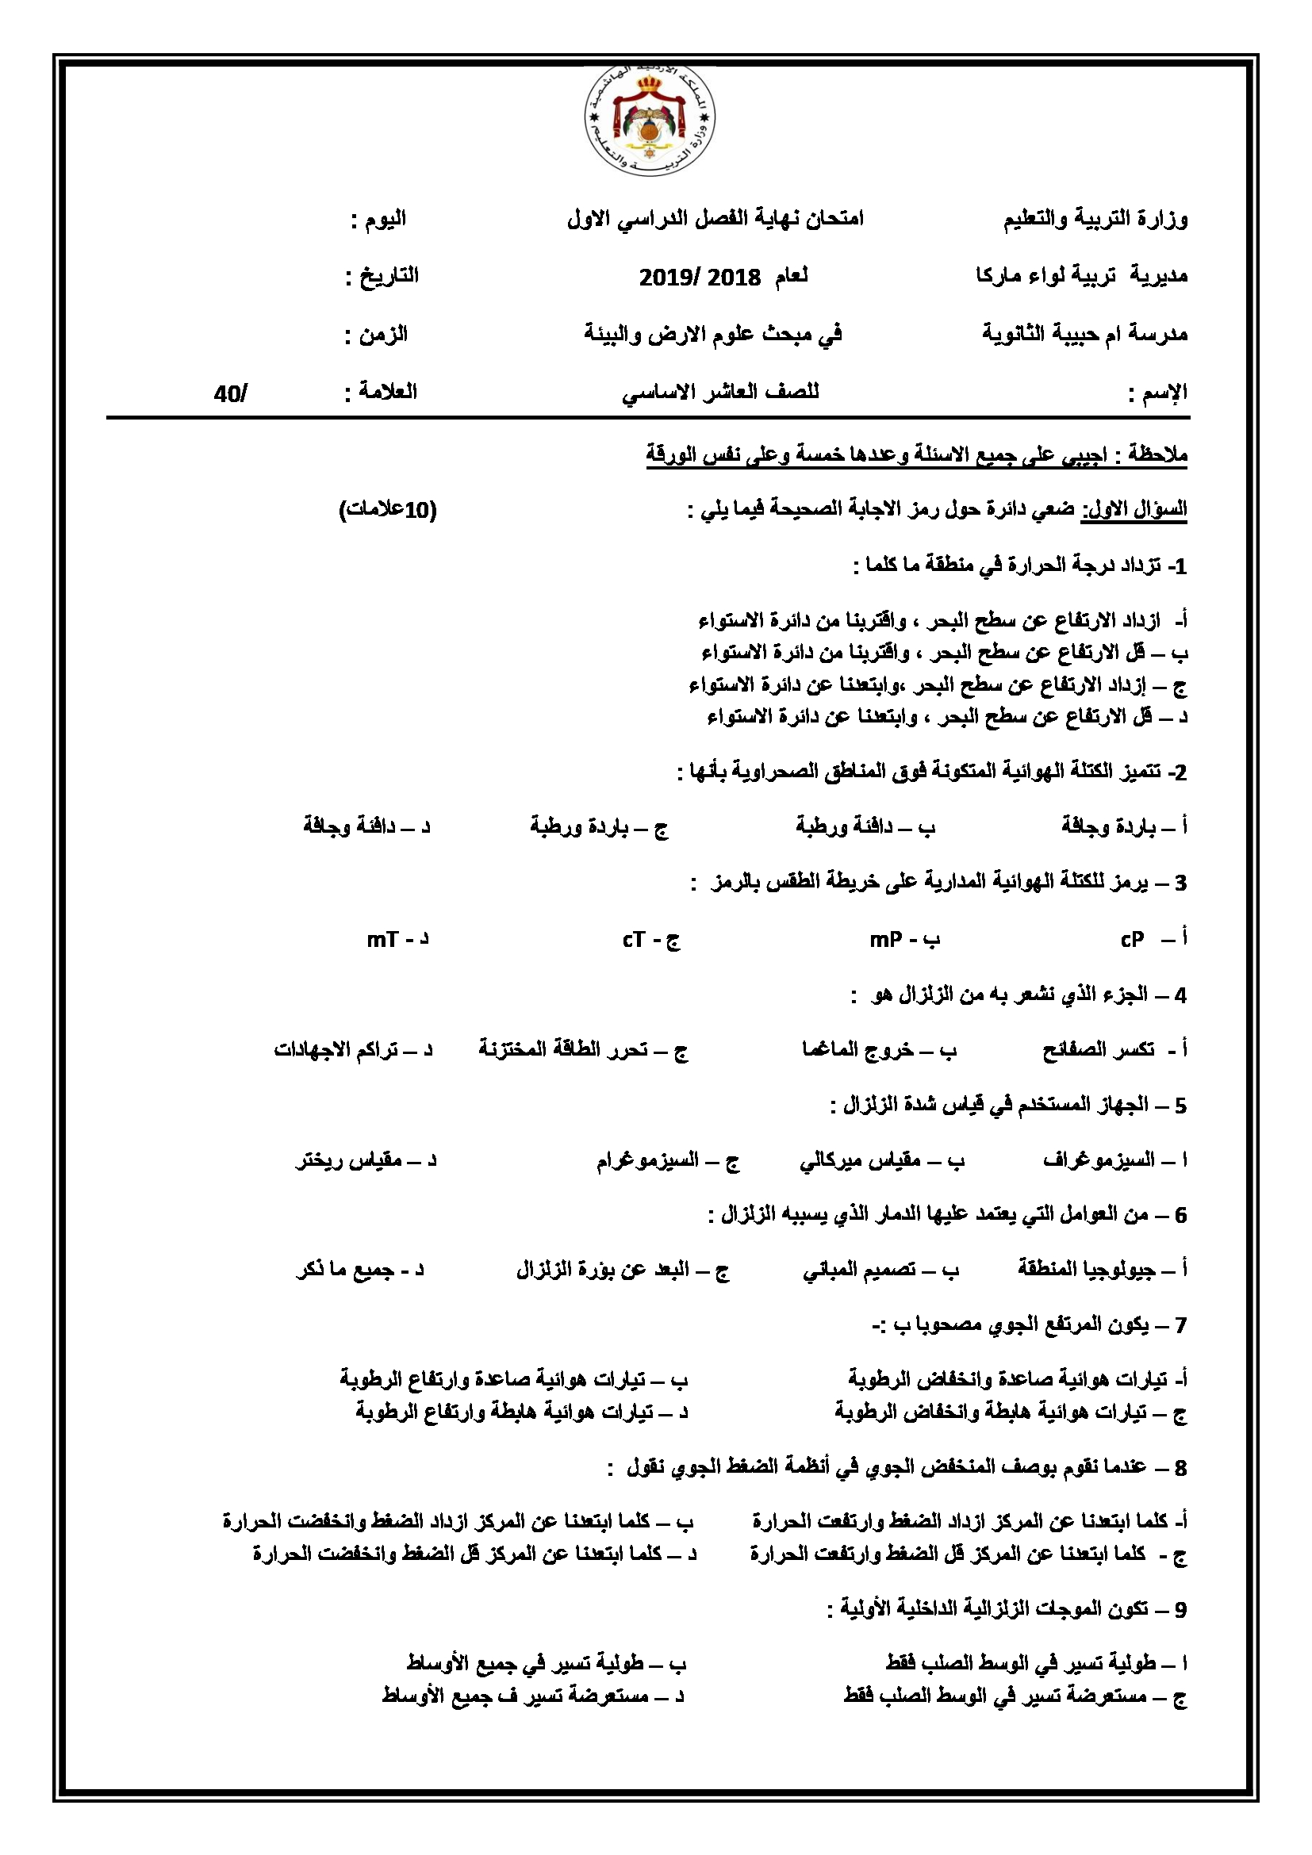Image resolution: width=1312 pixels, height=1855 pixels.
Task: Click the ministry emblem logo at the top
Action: pyautogui.click(x=650, y=121)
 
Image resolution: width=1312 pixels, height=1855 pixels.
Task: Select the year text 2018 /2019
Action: pyautogui.click(x=700, y=278)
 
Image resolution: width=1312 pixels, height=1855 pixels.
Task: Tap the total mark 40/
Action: pyautogui.click(x=231, y=394)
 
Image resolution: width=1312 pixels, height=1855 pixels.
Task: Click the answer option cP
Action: pyautogui.click(x=1132, y=939)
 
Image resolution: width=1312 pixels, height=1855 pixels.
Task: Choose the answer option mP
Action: pyautogui.click(x=885, y=940)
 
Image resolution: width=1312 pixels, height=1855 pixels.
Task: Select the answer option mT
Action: pyautogui.click(x=383, y=940)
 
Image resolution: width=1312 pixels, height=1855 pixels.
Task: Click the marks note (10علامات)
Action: pyautogui.click(x=388, y=511)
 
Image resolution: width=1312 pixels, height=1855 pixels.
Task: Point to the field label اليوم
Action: pyautogui.click(x=385, y=219)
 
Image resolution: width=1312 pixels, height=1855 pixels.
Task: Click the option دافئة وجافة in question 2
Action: pyautogui.click(x=349, y=826)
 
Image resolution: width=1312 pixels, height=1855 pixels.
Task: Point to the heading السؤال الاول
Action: pyautogui.click(x=1134, y=511)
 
